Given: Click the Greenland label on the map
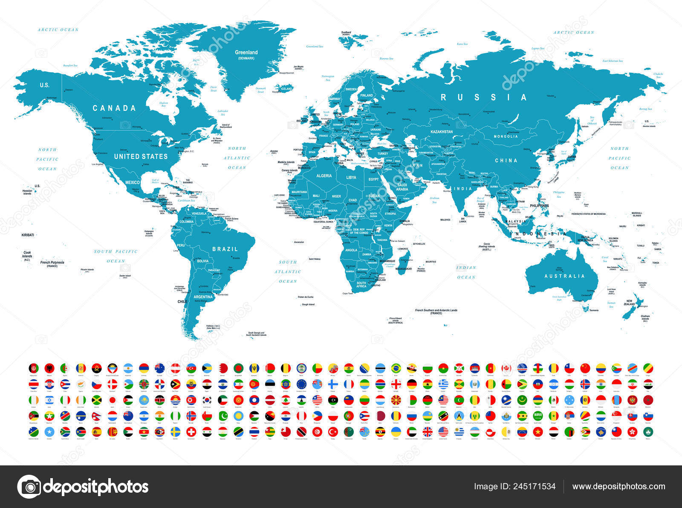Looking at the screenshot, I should pyautogui.click(x=246, y=53).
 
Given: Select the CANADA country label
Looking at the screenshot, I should pyautogui.click(x=114, y=108).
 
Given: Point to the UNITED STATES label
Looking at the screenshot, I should pyautogui.click(x=141, y=156).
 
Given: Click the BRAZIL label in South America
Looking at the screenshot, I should pyautogui.click(x=225, y=249).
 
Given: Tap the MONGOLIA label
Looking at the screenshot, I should pyautogui.click(x=506, y=136).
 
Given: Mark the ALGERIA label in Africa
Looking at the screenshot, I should pyautogui.click(x=324, y=176).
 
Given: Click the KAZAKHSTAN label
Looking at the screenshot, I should pyautogui.click(x=441, y=132).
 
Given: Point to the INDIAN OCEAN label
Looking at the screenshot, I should pyautogui.click(x=466, y=272).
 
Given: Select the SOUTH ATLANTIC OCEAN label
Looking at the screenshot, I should pyautogui.click(x=288, y=271).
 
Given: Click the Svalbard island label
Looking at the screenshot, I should pyautogui.click(x=346, y=32).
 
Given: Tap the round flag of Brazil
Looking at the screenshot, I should pyautogui.click(x=396, y=368).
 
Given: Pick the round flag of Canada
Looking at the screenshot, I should pyautogui.click(x=506, y=368).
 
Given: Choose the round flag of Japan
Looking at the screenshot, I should pyautogui.click(x=113, y=400).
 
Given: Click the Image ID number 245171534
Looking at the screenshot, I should pyautogui.click(x=515, y=487).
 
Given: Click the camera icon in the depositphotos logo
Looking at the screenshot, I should pyautogui.click(x=29, y=487).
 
